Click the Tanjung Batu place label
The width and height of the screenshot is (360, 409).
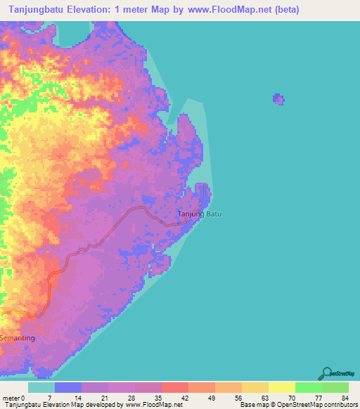click(198, 214)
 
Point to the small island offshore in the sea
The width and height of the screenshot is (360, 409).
click(279, 99)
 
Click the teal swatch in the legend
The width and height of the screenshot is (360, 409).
click(41, 387)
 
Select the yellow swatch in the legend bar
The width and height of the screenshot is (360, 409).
click(282, 387)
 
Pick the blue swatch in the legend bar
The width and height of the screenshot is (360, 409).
click(68, 387)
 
